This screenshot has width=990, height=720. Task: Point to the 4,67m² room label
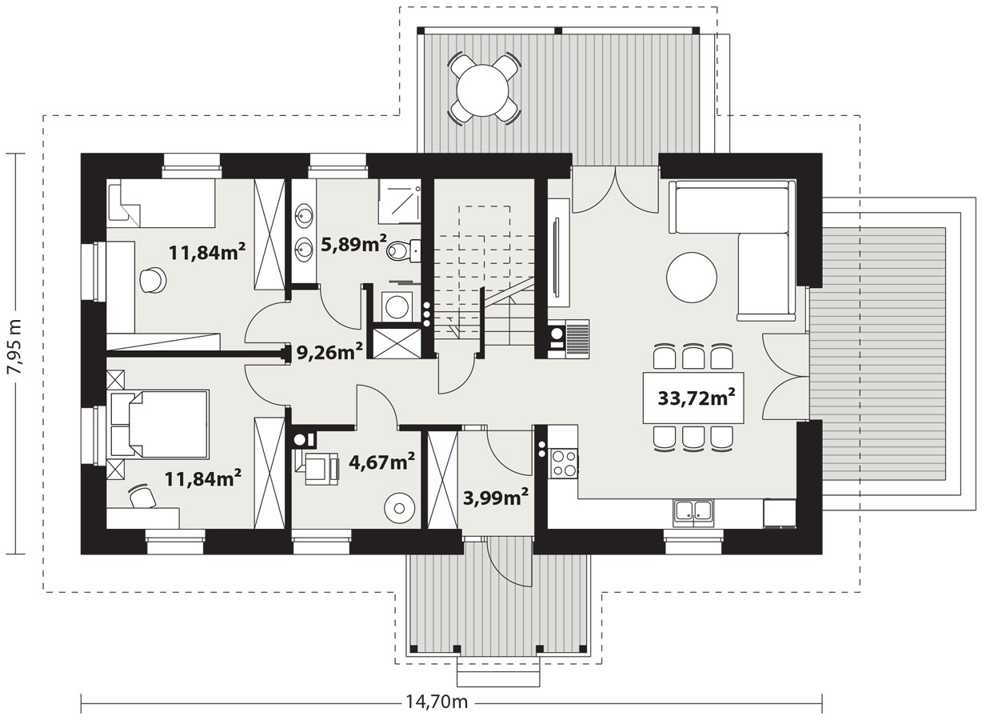382,462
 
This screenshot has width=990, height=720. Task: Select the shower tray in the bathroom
398,200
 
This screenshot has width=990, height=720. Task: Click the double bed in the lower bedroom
158,424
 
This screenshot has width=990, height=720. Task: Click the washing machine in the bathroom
396,306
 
